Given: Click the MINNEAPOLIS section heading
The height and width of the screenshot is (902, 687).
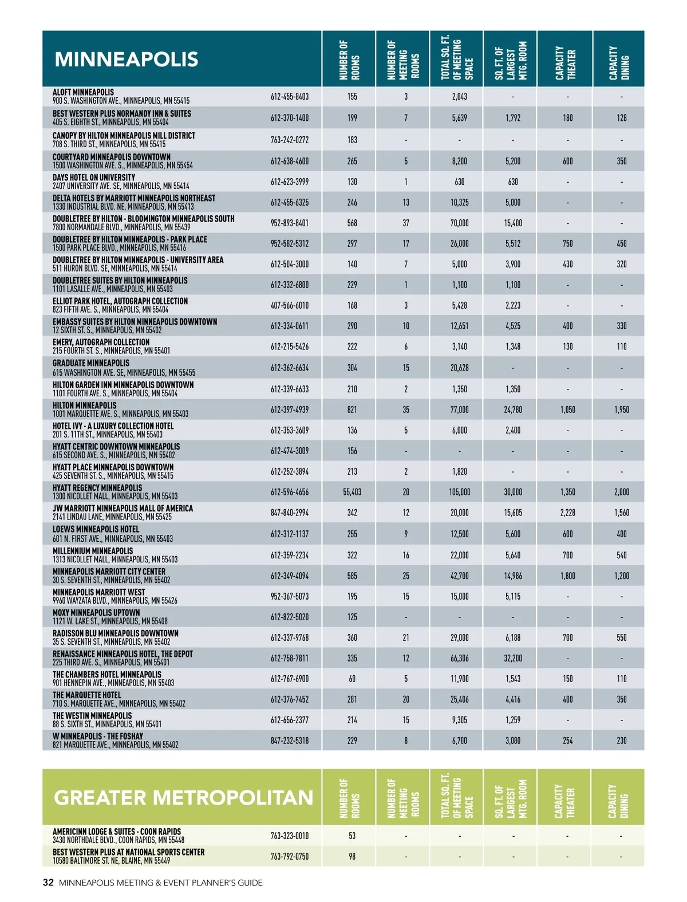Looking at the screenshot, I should pyautogui.click(x=127, y=60).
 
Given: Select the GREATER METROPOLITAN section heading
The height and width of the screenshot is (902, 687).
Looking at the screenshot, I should pyautogui.click(x=183, y=798).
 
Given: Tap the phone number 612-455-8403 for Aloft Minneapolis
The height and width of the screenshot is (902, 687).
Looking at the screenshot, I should pyautogui.click(x=290, y=97).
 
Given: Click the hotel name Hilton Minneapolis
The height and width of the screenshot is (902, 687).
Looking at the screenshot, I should pyautogui.click(x=84, y=405).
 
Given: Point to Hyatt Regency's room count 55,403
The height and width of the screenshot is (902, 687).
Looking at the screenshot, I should pyautogui.click(x=352, y=492).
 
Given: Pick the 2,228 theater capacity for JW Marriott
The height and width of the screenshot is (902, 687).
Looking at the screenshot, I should pyautogui.click(x=567, y=513).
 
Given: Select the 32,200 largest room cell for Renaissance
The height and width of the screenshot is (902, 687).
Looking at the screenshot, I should pyautogui.click(x=513, y=658).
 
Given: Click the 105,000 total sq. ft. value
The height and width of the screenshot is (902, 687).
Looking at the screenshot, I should pyautogui.click(x=459, y=492).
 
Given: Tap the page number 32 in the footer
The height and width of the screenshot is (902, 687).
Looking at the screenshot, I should pyautogui.click(x=48, y=883).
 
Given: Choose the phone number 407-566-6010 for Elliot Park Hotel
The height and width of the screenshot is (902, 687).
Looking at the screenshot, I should pyautogui.click(x=290, y=305).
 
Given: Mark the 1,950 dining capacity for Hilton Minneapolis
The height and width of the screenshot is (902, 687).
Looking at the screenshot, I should pyautogui.click(x=621, y=409).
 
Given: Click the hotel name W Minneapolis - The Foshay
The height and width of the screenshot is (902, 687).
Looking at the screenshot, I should pyautogui.click(x=98, y=736).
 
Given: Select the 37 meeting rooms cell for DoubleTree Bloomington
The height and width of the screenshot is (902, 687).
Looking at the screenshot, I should pyautogui.click(x=406, y=223).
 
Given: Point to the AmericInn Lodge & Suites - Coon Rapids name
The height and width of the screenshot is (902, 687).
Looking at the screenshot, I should pyautogui.click(x=117, y=832).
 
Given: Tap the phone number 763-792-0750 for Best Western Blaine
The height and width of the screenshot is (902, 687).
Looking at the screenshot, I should pyautogui.click(x=290, y=856).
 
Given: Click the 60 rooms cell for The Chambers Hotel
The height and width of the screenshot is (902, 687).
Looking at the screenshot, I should pyautogui.click(x=352, y=679).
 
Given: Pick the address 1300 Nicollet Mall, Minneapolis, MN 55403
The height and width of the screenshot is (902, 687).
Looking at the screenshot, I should pyautogui.click(x=115, y=497).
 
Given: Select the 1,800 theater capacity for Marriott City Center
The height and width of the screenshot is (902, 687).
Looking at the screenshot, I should pyautogui.click(x=567, y=576).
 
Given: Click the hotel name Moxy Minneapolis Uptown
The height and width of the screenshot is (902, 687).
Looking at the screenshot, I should pyautogui.click(x=96, y=613).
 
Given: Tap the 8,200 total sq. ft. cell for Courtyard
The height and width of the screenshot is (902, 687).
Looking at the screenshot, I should pyautogui.click(x=459, y=161).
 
